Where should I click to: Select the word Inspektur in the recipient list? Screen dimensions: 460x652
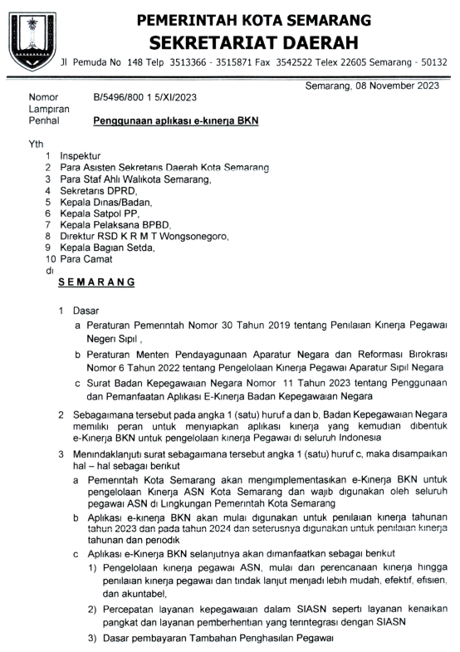(x=81, y=155)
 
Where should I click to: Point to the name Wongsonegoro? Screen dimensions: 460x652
(x=193, y=236)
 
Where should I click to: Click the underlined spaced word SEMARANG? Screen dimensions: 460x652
(x=97, y=282)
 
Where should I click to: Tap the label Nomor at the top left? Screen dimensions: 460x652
(x=43, y=97)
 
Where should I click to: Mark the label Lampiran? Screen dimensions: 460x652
(x=47, y=109)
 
